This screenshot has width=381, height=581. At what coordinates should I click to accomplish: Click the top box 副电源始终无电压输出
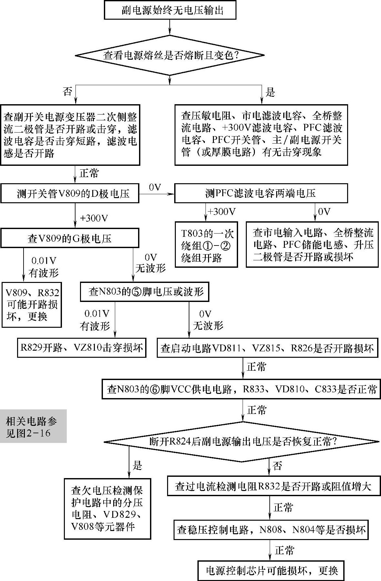(170, 11)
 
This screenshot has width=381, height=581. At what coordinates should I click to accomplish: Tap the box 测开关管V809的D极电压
(70, 193)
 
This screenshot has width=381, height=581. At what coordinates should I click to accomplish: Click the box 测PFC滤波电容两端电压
(261, 193)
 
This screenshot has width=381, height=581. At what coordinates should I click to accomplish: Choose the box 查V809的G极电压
(70, 238)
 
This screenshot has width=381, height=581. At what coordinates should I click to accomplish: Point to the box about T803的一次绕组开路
(206, 245)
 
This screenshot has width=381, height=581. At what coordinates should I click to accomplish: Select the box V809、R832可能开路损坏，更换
(32, 305)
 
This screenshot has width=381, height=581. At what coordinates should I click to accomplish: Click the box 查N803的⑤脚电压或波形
(145, 292)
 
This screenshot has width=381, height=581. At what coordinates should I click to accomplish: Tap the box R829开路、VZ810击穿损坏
(82, 347)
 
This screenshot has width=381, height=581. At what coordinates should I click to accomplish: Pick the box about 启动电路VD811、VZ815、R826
(267, 347)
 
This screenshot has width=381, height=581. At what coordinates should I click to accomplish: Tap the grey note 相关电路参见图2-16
(33, 426)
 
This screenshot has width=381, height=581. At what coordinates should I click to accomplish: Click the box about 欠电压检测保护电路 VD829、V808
(107, 509)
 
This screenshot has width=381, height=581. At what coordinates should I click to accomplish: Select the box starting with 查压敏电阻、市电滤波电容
(261, 135)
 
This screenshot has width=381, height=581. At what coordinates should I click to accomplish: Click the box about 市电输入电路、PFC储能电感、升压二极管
(312, 245)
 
